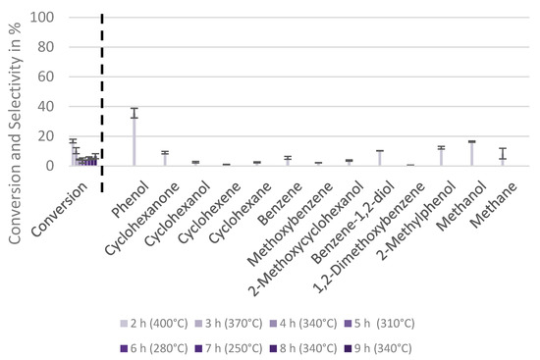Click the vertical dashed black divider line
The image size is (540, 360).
pyautogui.click(x=103, y=88)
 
